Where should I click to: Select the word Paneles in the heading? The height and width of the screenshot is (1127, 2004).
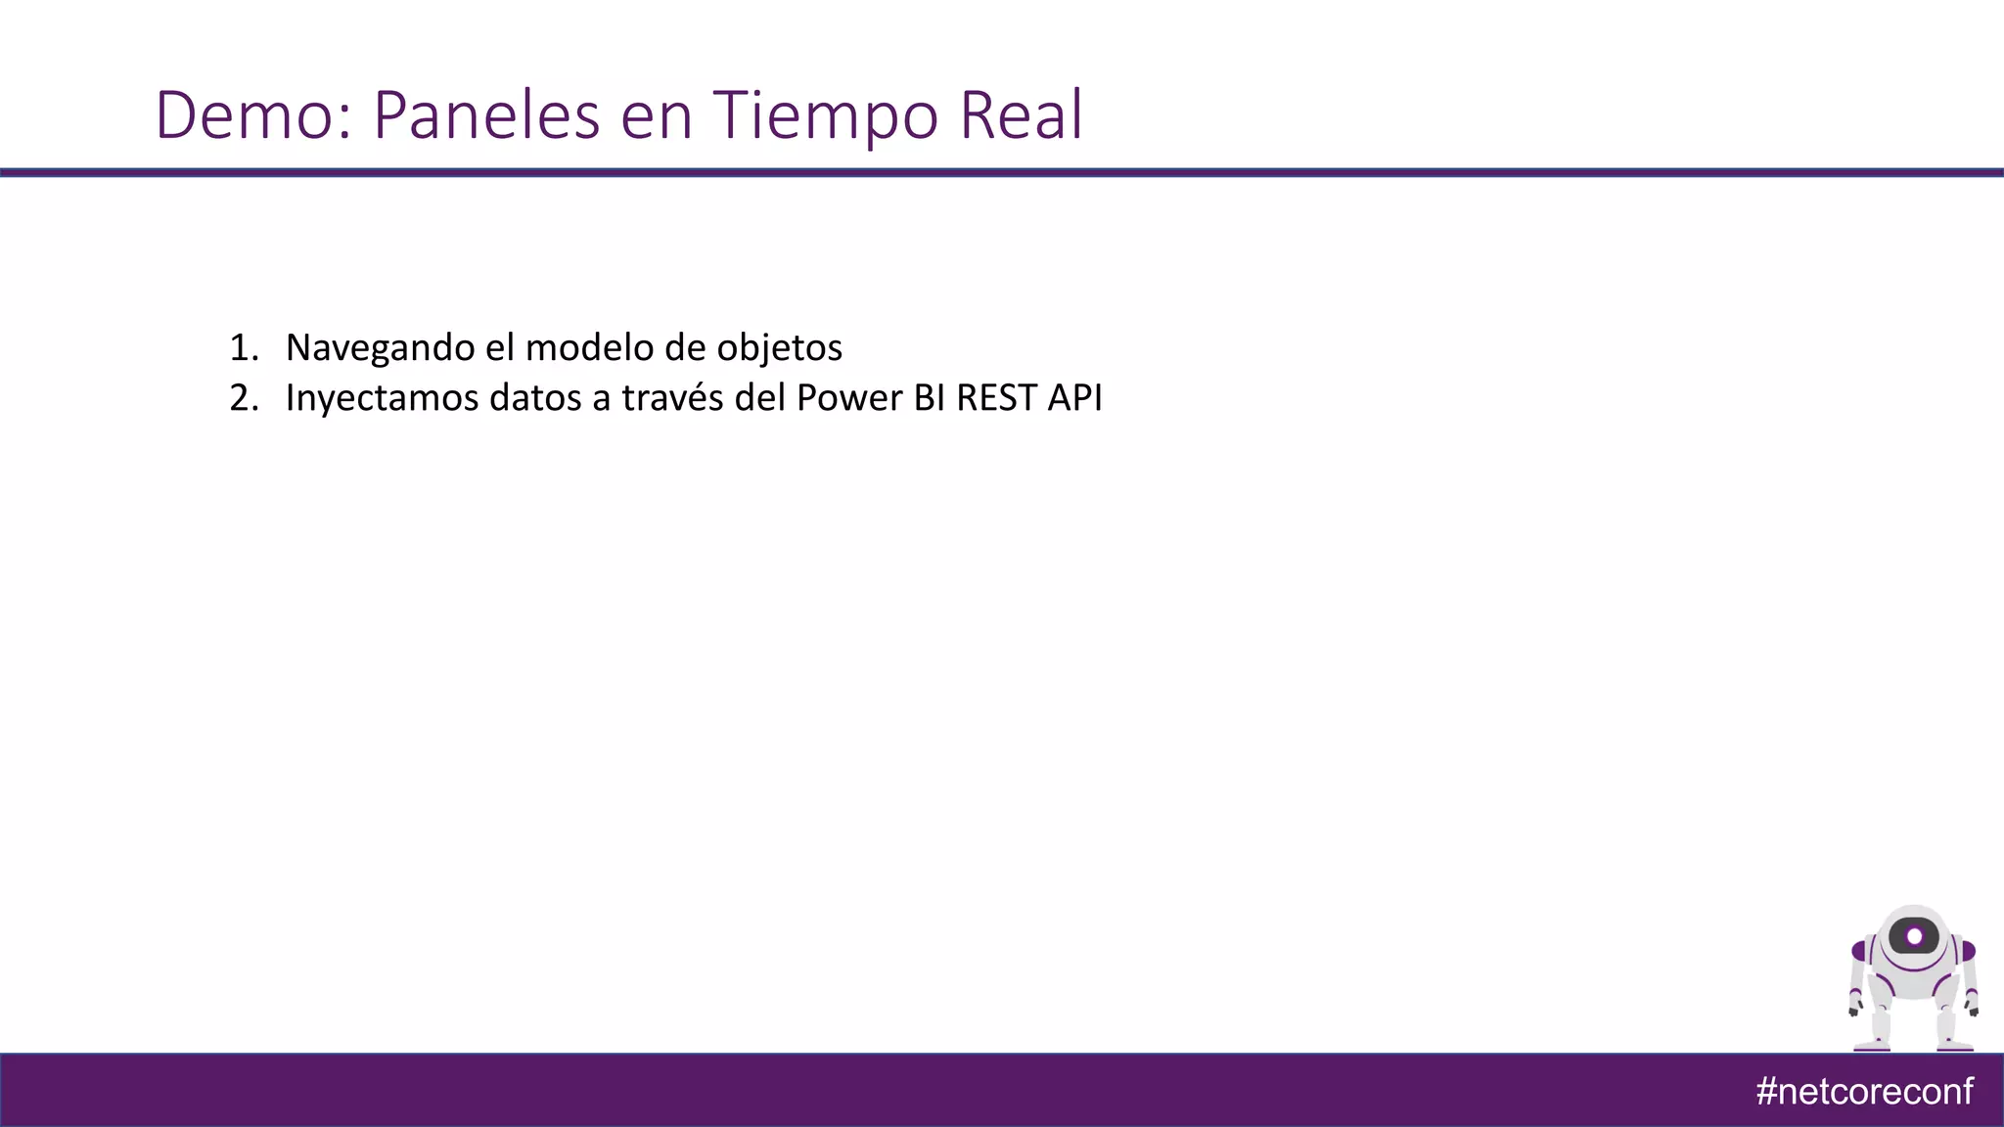(x=485, y=115)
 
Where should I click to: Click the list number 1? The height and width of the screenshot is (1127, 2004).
(x=243, y=348)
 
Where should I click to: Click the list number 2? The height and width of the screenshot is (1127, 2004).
(x=243, y=399)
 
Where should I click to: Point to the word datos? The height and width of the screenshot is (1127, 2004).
(x=535, y=399)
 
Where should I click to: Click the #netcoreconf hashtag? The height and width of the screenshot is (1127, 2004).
(x=1864, y=1091)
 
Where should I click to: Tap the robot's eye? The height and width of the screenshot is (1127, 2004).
(x=1914, y=937)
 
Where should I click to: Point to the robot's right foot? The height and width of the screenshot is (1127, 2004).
(x=1955, y=1045)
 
